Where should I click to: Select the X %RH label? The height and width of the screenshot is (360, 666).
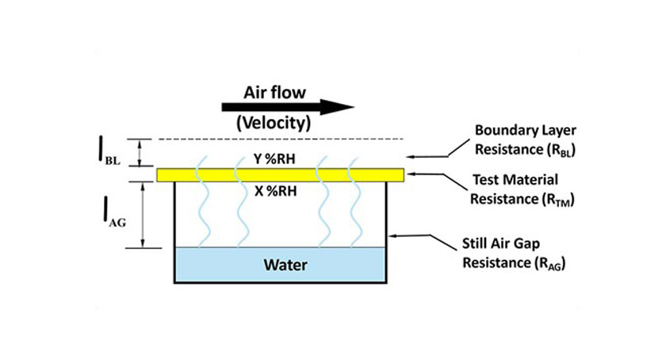tap(274, 190)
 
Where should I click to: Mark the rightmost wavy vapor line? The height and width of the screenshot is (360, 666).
tap(355, 209)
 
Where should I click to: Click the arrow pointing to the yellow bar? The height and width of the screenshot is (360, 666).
tap(431, 174)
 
